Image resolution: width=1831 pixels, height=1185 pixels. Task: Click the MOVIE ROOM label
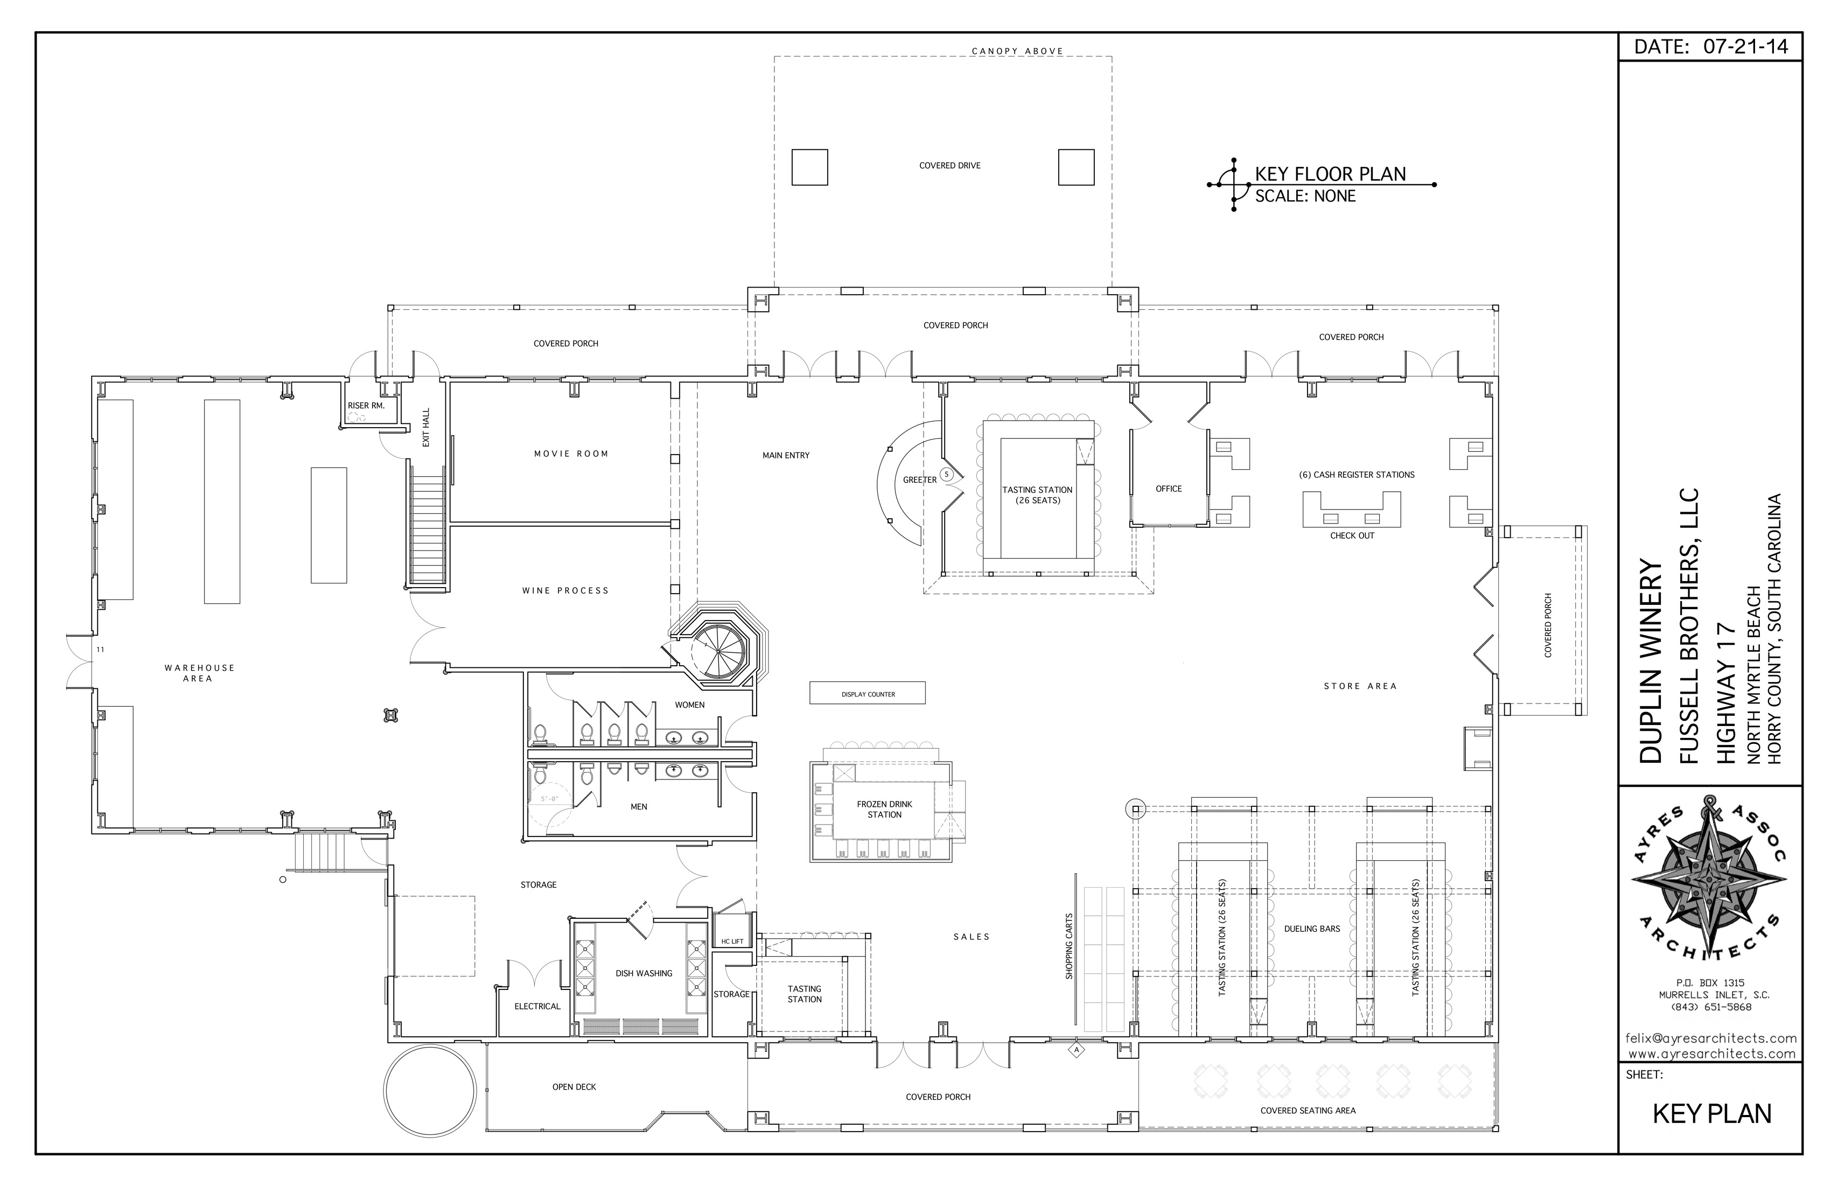tap(571, 454)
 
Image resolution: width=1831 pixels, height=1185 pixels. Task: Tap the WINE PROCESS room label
tap(565, 591)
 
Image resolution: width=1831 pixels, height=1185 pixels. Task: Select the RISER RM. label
tap(366, 406)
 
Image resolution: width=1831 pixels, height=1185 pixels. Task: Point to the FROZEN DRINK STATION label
tap(885, 810)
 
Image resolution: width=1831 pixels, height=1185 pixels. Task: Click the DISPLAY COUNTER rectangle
tap(867, 693)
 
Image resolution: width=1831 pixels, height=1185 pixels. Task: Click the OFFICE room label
tap(1169, 489)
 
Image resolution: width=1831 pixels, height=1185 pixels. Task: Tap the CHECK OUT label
tap(1352, 535)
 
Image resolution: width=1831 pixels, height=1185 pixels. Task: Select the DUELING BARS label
tap(1312, 929)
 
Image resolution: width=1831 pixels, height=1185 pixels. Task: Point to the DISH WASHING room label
tap(644, 973)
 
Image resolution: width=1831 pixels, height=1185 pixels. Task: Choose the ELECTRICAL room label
tap(537, 1007)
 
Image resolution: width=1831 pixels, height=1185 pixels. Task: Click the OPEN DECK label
tap(574, 1088)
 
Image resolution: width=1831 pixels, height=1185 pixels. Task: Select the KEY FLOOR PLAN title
tap(1330, 174)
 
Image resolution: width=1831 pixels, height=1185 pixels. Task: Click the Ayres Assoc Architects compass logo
tap(1709, 882)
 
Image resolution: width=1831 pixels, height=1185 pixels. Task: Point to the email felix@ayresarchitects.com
tap(1710, 1039)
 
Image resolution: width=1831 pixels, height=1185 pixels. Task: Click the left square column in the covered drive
tap(809, 167)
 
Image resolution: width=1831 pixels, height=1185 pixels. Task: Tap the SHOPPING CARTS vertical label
tap(1068, 946)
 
